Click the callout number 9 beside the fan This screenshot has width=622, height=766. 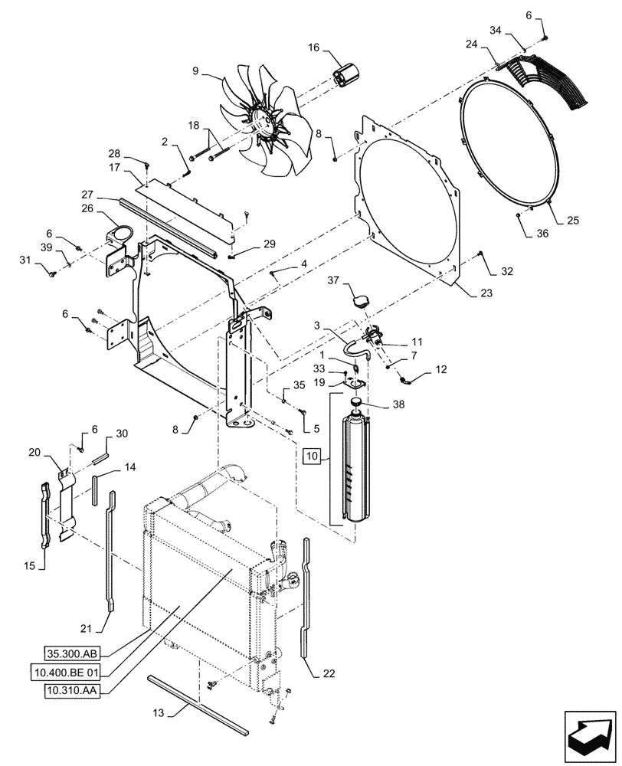point(195,71)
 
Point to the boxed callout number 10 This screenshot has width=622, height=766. point(312,457)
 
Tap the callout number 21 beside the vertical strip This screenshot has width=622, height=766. point(87,628)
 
